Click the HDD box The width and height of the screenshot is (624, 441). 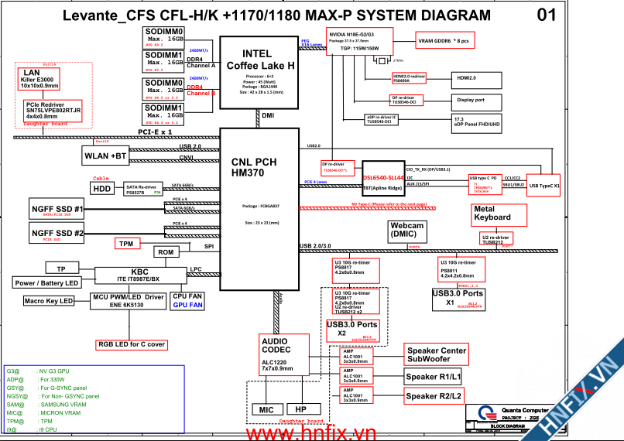[x=102, y=188]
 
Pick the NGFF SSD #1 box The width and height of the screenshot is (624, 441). [x=58, y=210]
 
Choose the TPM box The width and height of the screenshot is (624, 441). [x=126, y=244]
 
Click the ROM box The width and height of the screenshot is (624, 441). [x=166, y=252]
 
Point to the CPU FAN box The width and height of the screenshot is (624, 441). [x=187, y=301]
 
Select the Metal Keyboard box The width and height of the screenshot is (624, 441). [x=492, y=214]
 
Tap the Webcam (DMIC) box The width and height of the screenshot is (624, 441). [x=407, y=230]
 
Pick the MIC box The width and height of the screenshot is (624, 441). [x=266, y=409]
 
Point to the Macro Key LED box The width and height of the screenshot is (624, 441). [x=48, y=301]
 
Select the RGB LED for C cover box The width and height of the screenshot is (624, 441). [x=131, y=344]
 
